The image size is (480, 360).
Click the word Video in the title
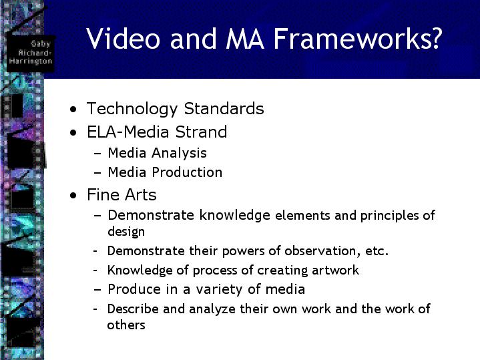click(123, 39)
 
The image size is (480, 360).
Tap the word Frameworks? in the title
click(358, 39)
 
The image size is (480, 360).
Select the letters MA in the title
click(245, 39)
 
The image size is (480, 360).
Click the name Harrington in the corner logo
click(31, 61)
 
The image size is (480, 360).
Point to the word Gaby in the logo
click(41, 44)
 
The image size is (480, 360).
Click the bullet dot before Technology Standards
click(73, 109)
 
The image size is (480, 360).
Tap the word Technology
click(132, 109)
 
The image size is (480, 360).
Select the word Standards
click(224, 109)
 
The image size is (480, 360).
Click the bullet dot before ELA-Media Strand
click(73, 133)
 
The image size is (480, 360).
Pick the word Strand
click(201, 132)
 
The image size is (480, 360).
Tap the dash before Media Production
click(97, 173)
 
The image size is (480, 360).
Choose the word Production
click(187, 172)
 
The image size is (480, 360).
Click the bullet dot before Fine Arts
click(73, 196)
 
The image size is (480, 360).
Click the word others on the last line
click(126, 325)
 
